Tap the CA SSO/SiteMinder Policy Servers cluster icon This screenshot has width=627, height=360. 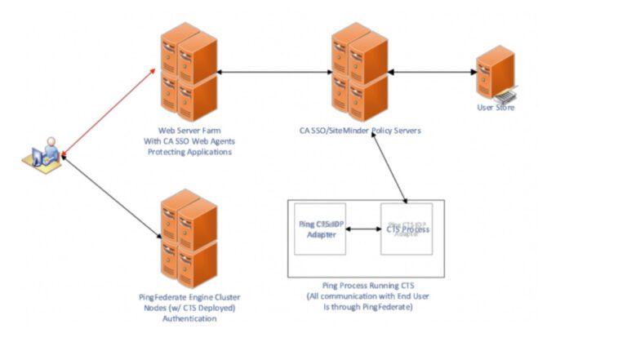(x=359, y=72)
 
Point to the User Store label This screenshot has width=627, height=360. (x=496, y=108)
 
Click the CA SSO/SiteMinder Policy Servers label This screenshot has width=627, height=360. (x=359, y=130)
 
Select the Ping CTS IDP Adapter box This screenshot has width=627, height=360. (x=319, y=229)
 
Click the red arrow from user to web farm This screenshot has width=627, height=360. (x=109, y=113)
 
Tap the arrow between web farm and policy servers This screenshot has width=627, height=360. (x=274, y=73)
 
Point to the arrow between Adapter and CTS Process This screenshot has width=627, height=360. (x=363, y=229)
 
